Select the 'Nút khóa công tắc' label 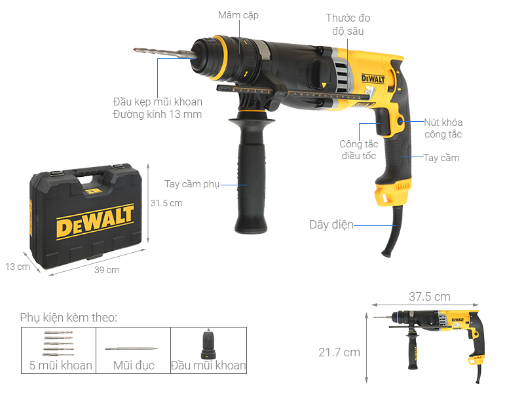pyautogui.click(x=443, y=128)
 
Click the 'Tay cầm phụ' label pyautogui.click(x=191, y=184)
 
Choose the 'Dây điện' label pyautogui.click(x=331, y=225)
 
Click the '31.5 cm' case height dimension pyautogui.click(x=166, y=203)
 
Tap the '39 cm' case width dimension pyautogui.click(x=107, y=270)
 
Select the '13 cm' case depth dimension pyautogui.click(x=18, y=267)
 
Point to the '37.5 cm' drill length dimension pyautogui.click(x=429, y=297)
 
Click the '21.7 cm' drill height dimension pyautogui.click(x=339, y=352)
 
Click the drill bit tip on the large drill pyautogui.click(x=137, y=50)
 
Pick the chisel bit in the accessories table pyautogui.click(x=131, y=346)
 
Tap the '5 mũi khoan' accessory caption pyautogui.click(x=61, y=365)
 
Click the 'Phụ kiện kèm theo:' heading pyautogui.click(x=69, y=318)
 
